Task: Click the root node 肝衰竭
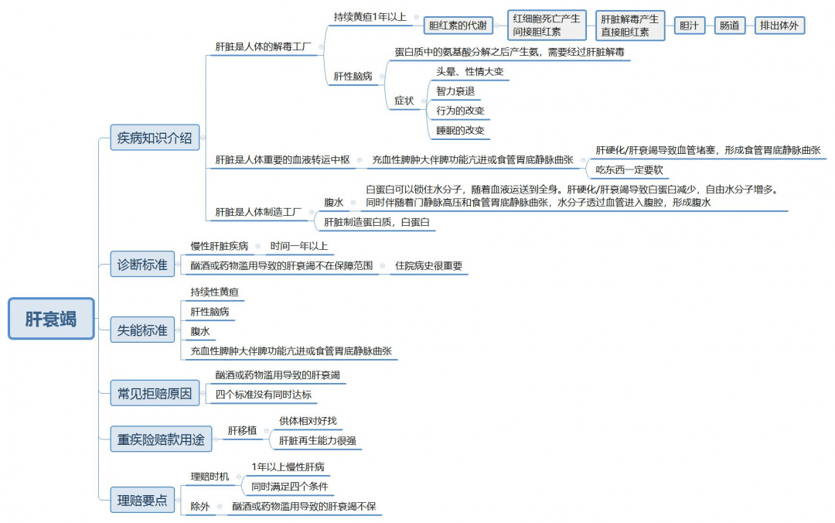tap(51, 319)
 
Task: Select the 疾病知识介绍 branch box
tap(155, 138)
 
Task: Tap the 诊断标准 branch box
tap(142, 265)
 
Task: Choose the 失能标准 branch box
tap(142, 330)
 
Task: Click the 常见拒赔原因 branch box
tap(155, 394)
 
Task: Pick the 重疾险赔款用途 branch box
tap(161, 439)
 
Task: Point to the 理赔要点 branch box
tap(142, 500)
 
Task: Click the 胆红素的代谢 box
tap(458, 25)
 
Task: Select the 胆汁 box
tap(689, 25)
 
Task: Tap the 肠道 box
tap(730, 25)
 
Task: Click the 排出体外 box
tap(779, 25)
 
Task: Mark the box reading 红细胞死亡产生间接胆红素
tap(547, 25)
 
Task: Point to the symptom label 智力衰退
tap(455, 91)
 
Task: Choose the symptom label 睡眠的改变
tap(460, 130)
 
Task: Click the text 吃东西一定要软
tap(629, 169)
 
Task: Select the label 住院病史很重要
tap(428, 265)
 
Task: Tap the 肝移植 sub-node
tap(242, 430)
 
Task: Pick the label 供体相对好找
tap(308, 421)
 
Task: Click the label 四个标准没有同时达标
tap(263, 395)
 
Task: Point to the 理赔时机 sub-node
tap(210, 476)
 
